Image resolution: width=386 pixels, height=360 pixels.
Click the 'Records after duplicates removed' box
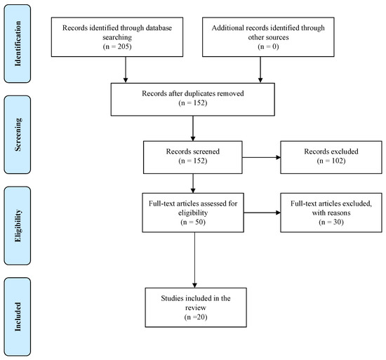coord(193,98)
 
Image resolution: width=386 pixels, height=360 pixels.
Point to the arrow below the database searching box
coord(125,69)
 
